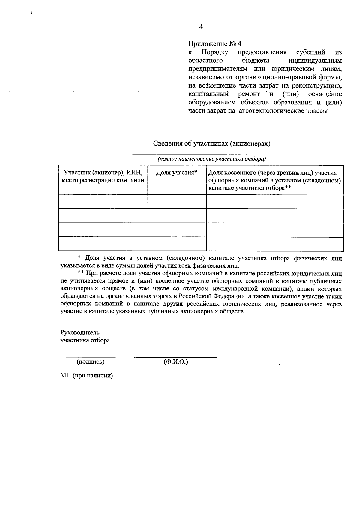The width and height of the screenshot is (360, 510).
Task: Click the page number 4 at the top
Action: coord(201,27)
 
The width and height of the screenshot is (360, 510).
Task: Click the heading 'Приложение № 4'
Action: coord(215,44)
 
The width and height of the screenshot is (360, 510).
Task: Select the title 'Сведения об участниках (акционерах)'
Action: coord(212,143)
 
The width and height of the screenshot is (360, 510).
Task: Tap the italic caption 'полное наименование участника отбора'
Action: coord(212,159)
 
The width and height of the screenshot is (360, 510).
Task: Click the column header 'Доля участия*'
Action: coord(176,172)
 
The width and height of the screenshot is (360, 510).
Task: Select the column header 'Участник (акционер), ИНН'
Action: coord(103,172)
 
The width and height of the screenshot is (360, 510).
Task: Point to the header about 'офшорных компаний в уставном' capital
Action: coord(274,181)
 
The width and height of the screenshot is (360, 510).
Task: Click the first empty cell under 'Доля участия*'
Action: coord(176,202)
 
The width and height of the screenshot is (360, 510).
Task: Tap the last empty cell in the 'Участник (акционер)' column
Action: coord(103,244)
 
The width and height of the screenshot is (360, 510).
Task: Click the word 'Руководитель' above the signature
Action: coord(80,333)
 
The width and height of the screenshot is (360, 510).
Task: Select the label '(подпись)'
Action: coord(91,362)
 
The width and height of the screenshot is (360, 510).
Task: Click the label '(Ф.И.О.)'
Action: coord(176,362)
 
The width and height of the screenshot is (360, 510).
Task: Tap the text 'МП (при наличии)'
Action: coord(86,376)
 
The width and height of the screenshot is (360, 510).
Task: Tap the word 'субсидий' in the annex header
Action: coord(310,52)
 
